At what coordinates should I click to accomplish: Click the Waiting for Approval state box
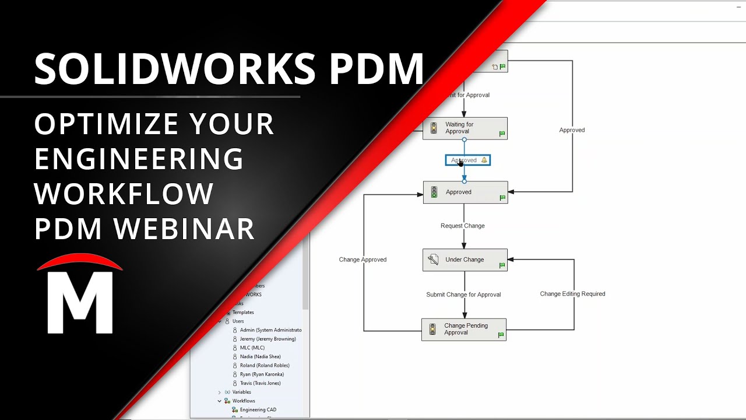tap(465, 128)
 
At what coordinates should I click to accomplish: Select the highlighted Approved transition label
tap(467, 160)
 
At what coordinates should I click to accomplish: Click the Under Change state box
tap(465, 260)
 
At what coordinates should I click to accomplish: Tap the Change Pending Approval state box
tap(464, 330)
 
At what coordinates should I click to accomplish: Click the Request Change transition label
tap(462, 226)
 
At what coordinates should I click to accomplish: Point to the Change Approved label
tap(363, 260)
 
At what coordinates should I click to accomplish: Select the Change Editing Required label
tap(572, 294)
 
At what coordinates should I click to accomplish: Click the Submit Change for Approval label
tap(463, 295)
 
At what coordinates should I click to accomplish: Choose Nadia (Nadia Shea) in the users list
tap(260, 356)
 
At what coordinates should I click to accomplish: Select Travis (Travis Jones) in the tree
tap(260, 383)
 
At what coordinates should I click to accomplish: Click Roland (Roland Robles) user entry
tap(265, 366)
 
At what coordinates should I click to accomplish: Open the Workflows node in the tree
tap(244, 401)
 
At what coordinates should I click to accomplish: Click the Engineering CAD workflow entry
tap(258, 410)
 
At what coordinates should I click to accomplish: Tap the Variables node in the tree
tap(242, 392)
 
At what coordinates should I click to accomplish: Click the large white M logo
tap(80, 303)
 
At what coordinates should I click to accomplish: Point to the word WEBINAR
tap(185, 229)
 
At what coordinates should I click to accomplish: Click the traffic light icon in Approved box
tap(434, 192)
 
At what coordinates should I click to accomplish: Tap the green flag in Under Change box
tap(502, 265)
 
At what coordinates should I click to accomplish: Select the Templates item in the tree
tap(243, 312)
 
